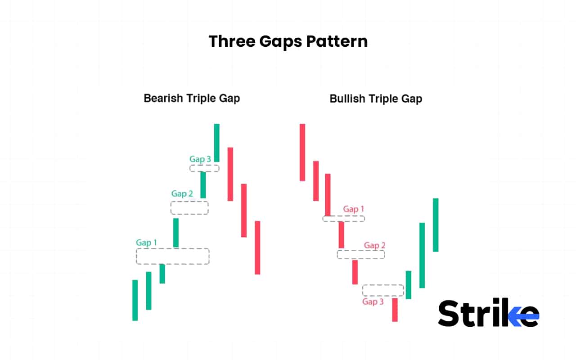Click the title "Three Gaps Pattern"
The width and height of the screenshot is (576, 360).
click(x=288, y=41)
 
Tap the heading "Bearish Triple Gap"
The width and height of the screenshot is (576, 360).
click(x=192, y=98)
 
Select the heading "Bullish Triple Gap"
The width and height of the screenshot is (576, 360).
click(x=376, y=99)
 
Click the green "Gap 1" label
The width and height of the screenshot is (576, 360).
click(x=146, y=243)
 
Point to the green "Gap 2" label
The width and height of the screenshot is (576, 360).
click(x=182, y=193)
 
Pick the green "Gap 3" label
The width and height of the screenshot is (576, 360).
click(x=200, y=159)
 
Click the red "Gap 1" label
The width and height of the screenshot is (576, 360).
click(x=353, y=209)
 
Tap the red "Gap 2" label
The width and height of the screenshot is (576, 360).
click(x=374, y=245)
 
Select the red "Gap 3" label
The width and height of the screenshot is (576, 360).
click(x=373, y=301)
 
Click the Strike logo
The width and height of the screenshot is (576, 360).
click(x=488, y=313)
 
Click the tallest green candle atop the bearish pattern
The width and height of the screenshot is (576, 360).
click(x=216, y=142)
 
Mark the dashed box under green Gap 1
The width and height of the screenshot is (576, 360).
click(x=173, y=256)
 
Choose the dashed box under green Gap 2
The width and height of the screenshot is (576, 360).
click(x=189, y=207)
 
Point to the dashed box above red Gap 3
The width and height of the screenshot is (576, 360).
click(x=383, y=290)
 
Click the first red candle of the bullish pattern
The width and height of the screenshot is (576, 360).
click(x=302, y=152)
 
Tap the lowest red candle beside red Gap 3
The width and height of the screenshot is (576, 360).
click(x=395, y=310)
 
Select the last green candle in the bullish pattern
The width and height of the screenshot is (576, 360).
click(x=436, y=225)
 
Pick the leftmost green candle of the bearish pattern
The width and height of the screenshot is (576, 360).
click(x=135, y=300)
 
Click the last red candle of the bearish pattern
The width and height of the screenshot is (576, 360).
click(x=257, y=247)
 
